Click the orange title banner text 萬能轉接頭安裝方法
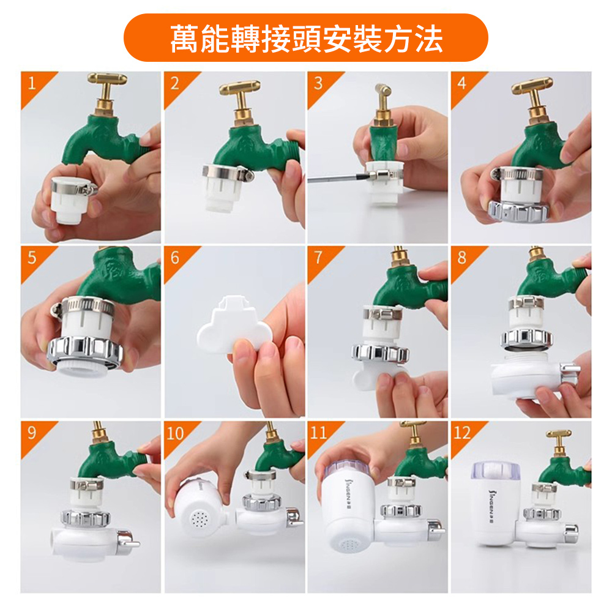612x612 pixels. [307, 39]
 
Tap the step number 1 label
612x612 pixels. [31, 83]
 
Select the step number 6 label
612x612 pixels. [174, 258]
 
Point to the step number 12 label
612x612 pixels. [462, 433]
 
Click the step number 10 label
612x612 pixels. [175, 433]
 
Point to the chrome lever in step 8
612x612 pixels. [570, 371]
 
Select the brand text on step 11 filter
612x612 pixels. [346, 492]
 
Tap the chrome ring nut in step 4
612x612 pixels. [518, 212]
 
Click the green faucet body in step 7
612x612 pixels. [408, 285]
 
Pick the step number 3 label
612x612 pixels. [318, 83]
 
